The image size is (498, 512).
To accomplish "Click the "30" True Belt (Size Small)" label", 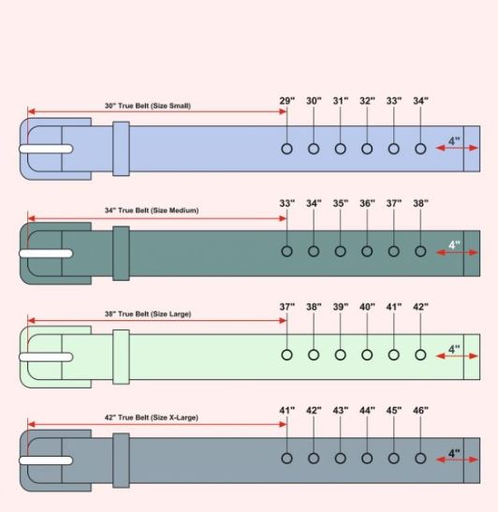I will pyautogui.click(x=148, y=106).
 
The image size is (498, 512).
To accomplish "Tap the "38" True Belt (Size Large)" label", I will pyautogui.click(x=148, y=315).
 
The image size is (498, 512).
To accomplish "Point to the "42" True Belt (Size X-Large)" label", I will pyautogui.click(x=152, y=417).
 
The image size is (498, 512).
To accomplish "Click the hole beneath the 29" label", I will pyautogui.click(x=287, y=149).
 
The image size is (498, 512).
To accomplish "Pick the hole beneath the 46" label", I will pyautogui.click(x=420, y=458).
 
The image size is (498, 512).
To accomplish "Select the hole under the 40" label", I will pyautogui.click(x=367, y=355).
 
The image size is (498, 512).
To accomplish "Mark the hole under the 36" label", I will pyautogui.click(x=367, y=251).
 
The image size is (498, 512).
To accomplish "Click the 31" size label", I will pyautogui.click(x=341, y=100).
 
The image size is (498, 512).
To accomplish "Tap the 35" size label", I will pyautogui.click(x=341, y=203).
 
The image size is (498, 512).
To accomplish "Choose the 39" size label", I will pyautogui.click(x=341, y=307).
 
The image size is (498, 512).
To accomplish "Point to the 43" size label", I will pyautogui.click(x=341, y=410).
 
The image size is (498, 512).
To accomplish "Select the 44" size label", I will pyautogui.click(x=368, y=410).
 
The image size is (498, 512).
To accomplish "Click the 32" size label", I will pyautogui.click(x=368, y=100).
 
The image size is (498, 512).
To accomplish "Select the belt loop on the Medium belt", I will pyautogui.click(x=120, y=253).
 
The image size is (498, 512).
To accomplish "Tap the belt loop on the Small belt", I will pyautogui.click(x=120, y=149).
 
